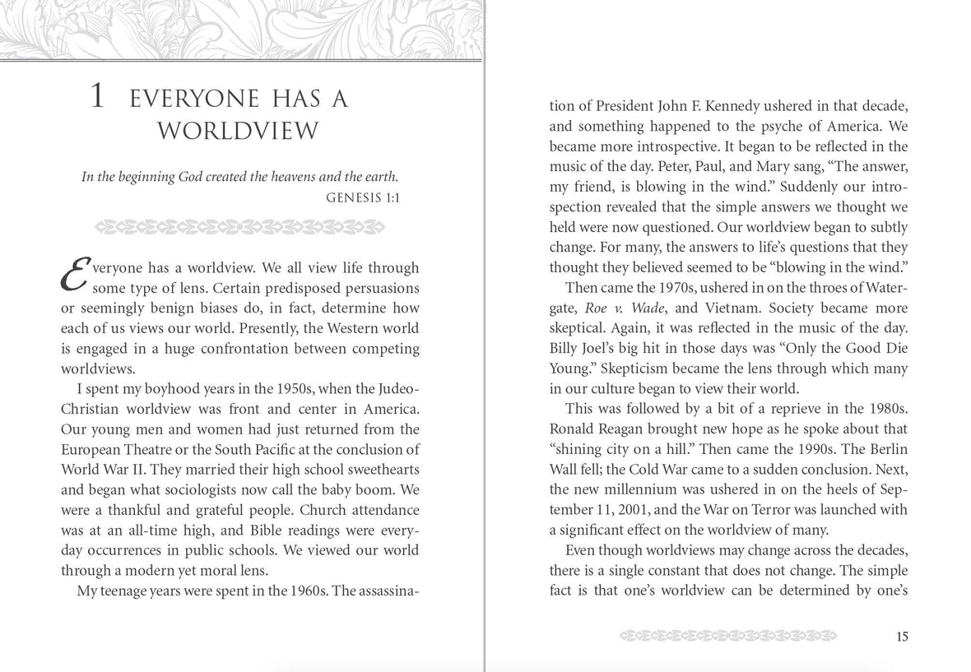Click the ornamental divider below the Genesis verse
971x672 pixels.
(x=241, y=226)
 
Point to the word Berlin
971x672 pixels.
(x=882, y=448)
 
